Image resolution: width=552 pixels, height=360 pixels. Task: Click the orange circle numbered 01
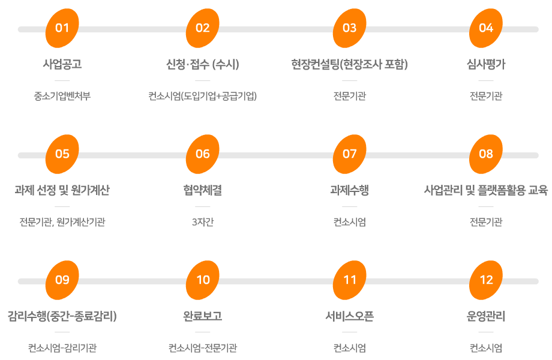coord(62,28)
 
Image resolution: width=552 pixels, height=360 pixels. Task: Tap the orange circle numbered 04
coord(486,28)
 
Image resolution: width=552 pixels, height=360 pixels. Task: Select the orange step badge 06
coord(203,154)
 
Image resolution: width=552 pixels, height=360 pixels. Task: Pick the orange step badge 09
coord(62,280)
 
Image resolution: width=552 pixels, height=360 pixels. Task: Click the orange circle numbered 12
coord(486,280)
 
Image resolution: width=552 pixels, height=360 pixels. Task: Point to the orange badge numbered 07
coord(349,154)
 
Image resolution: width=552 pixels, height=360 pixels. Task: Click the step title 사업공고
coord(62,64)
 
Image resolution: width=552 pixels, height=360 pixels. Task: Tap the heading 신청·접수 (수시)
coord(203,64)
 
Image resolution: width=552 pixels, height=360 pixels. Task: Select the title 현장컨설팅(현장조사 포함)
coord(349,64)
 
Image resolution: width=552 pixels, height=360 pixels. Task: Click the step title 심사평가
coord(486,64)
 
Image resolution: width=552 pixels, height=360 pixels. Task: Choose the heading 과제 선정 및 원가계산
coord(62,190)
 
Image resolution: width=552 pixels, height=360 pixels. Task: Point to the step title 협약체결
coord(203,190)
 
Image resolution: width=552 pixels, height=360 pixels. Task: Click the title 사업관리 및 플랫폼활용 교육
coord(486,190)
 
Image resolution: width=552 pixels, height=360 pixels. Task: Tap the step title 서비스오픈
coord(349,316)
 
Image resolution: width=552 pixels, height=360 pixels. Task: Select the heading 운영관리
coord(486,316)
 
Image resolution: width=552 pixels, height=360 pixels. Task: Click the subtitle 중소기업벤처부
coord(62,95)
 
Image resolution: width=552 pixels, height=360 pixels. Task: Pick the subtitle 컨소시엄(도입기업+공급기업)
coord(203,95)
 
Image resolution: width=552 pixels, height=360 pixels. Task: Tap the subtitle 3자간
coord(203,222)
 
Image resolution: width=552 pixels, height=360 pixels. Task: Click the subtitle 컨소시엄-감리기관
coord(62,348)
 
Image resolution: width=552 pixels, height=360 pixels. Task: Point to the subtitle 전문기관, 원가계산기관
coord(62,222)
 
